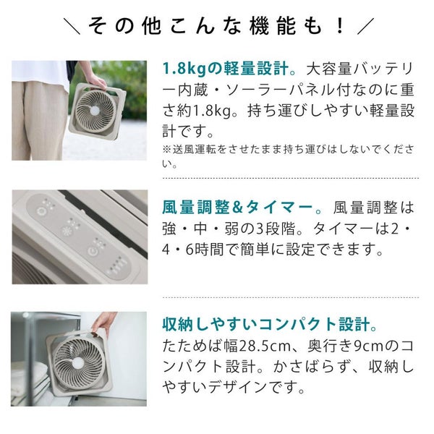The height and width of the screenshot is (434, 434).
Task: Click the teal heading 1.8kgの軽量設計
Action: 225,69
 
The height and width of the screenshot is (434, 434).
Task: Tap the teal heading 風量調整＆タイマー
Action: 237,208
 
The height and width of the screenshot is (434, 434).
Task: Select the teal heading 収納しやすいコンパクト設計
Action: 266,324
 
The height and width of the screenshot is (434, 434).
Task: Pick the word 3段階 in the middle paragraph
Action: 276,229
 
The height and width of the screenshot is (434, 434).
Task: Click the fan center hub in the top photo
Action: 95,111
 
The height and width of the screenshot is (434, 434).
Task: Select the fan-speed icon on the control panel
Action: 67,231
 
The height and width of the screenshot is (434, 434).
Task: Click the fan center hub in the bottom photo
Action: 78,363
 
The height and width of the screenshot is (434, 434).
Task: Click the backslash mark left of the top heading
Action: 72,26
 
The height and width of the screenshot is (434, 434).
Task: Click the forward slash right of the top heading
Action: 365,26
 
